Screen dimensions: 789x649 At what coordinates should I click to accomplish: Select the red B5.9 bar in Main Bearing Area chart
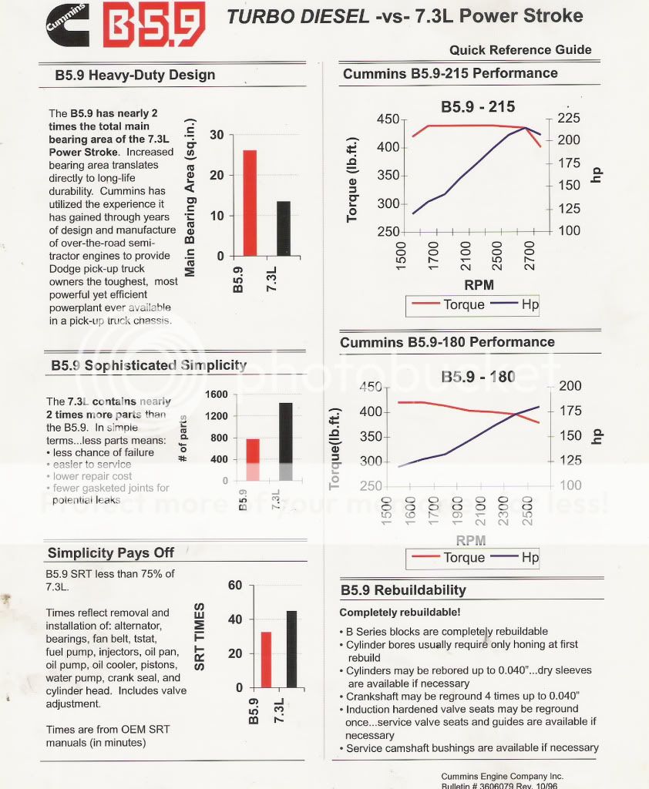[x=249, y=203]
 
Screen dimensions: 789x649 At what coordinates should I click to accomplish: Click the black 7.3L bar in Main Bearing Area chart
[x=283, y=228]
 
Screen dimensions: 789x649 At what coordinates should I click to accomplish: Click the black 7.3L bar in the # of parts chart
[x=286, y=442]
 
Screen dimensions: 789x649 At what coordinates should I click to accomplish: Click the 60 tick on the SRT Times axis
[x=235, y=586]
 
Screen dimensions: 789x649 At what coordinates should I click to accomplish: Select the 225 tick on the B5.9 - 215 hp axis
[x=567, y=119]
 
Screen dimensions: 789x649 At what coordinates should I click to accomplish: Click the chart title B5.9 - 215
[x=477, y=106]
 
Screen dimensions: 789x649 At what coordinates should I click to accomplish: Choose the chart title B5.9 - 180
[x=478, y=377]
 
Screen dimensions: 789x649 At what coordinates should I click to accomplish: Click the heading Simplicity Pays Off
[x=110, y=552]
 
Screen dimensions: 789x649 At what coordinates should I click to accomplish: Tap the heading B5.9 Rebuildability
[x=403, y=590]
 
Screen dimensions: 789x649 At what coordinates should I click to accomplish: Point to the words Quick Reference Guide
[x=520, y=50]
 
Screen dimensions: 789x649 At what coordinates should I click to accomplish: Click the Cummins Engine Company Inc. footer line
[x=502, y=776]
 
